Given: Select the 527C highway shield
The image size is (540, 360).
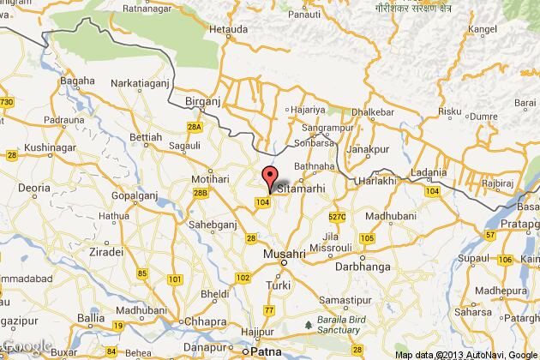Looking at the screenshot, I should [x=336, y=217].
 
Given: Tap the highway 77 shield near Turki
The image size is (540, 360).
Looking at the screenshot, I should [x=270, y=309].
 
